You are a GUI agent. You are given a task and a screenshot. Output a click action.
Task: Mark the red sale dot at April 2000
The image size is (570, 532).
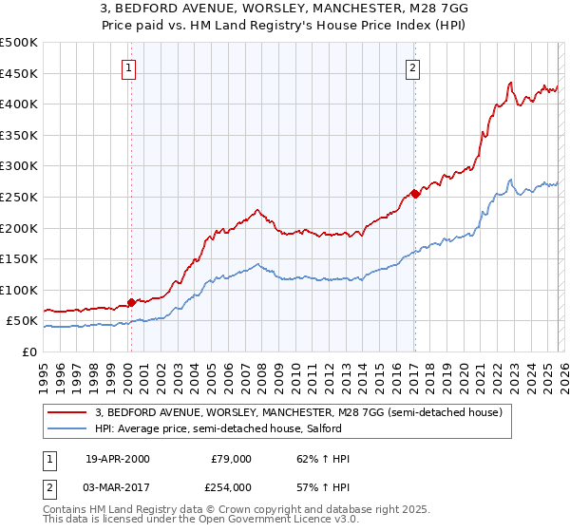[x=131, y=302]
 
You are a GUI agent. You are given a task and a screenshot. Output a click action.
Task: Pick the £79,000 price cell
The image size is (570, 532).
[x=231, y=459]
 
